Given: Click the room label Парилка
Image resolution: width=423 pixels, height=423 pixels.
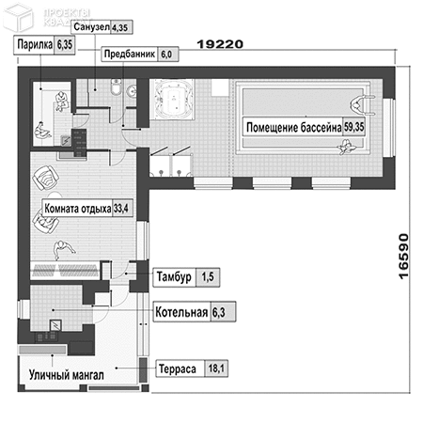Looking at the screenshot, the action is pos(35,44).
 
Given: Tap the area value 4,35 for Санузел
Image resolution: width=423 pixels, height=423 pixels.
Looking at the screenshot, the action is pos(120,27).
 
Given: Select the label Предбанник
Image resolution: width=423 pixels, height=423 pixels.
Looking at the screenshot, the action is pos(130,55).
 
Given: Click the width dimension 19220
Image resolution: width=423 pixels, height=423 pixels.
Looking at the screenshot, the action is pos(220,44).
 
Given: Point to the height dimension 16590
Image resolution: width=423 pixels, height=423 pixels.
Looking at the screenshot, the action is pos(404,256).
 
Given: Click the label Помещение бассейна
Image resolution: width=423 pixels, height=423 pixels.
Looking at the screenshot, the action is pos(293,127).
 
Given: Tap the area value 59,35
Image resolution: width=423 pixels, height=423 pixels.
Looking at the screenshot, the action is pos(354,127).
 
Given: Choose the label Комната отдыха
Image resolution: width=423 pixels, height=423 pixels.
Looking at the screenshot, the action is pos(78,209).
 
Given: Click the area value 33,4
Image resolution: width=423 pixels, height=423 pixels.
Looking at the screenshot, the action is pos(121,208).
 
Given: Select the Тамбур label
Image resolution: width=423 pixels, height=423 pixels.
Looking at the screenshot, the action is pos(174,277).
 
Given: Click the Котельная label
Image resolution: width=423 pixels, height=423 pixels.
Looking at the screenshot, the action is pos(181,312).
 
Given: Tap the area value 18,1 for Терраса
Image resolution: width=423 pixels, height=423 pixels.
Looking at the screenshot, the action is pos(215,368).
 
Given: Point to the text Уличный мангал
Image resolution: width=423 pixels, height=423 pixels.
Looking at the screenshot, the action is pos(67,375).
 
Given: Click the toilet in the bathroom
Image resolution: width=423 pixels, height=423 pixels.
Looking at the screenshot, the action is pos(116,86).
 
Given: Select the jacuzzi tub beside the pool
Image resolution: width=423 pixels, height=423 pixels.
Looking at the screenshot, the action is pos(172,99).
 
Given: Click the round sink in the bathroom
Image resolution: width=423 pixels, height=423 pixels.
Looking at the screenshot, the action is pos(132,91).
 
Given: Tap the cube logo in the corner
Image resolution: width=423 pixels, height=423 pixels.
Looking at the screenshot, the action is pos(18,17).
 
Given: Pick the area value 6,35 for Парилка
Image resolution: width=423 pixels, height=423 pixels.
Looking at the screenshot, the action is pos(65,45).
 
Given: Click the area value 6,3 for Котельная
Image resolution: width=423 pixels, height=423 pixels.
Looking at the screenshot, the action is pos(219,312).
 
